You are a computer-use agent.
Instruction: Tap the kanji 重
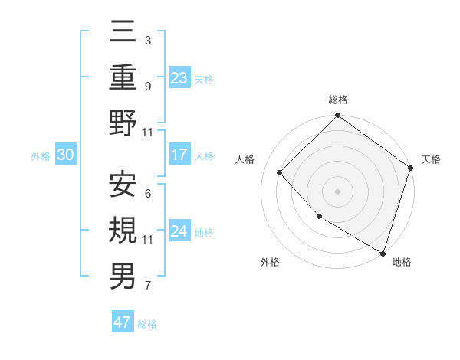click(x=123, y=78)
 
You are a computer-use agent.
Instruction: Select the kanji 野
click(x=123, y=124)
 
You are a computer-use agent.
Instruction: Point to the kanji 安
click(x=123, y=185)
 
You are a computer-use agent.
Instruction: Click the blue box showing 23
click(x=179, y=78)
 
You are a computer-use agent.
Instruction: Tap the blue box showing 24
click(x=179, y=231)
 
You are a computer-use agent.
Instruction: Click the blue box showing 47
click(x=123, y=322)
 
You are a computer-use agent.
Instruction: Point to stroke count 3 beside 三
click(x=147, y=40)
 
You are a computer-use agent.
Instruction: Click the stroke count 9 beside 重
click(x=147, y=86)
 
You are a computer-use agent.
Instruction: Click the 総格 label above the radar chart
click(x=338, y=100)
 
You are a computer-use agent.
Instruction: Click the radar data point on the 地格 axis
click(x=383, y=252)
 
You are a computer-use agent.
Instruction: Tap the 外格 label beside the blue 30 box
click(x=41, y=156)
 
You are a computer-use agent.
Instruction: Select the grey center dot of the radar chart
click(x=337, y=191)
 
